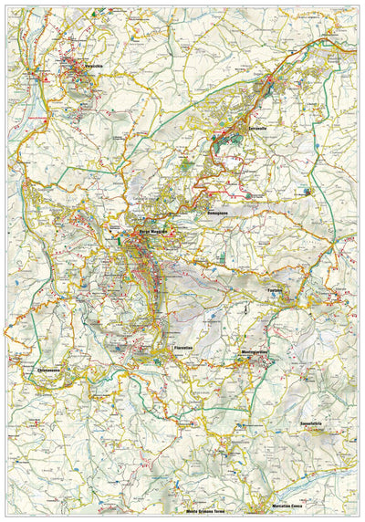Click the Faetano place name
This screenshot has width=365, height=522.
pos(279,290)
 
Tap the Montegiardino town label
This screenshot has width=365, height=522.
pos(260,351)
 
